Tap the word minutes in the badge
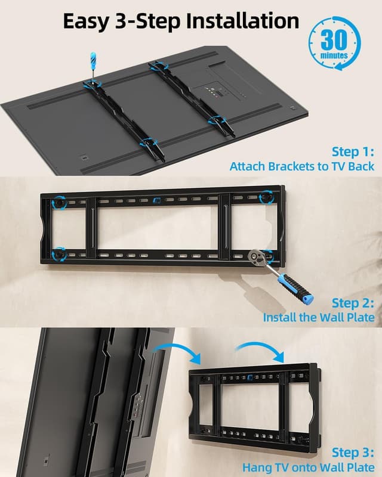point(334,55)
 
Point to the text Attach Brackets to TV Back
point(302,166)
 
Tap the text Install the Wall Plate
point(319,317)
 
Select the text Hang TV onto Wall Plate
point(309,467)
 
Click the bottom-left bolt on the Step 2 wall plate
point(59,255)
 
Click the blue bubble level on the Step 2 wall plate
point(156,200)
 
